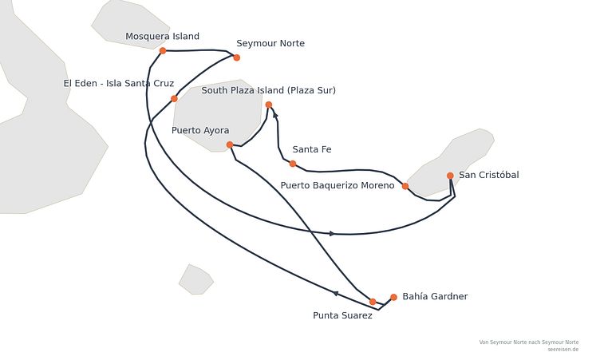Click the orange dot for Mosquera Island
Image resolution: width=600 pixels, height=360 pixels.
point(163,50)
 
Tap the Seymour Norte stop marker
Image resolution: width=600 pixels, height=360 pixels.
point(236,57)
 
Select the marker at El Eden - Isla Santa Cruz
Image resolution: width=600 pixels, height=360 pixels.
point(174,98)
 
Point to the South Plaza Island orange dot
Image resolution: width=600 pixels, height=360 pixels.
point(269,105)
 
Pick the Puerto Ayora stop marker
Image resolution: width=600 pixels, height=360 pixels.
point(230,144)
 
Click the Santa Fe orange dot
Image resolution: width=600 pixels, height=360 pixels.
point(293,164)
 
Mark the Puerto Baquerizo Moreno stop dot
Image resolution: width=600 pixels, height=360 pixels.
point(405,186)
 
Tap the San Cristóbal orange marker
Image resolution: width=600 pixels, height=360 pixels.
point(450,176)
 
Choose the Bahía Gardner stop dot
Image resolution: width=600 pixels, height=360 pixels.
point(393,297)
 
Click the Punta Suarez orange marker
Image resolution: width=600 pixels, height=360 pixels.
point(373,302)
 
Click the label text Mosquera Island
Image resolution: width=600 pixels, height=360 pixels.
point(162,37)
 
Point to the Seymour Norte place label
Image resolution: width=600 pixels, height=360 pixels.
point(270,43)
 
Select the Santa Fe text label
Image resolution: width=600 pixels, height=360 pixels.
point(312,149)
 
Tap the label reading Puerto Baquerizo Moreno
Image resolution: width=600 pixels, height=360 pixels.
point(337,185)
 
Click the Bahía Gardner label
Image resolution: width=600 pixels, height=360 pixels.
point(435,296)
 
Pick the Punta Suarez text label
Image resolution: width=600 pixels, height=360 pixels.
point(342,315)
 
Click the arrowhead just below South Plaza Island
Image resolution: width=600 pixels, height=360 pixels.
point(275,115)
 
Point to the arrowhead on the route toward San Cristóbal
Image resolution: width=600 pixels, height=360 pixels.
point(332,234)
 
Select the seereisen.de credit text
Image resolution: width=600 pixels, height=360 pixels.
point(562,350)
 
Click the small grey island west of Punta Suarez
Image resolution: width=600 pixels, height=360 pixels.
point(196,279)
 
